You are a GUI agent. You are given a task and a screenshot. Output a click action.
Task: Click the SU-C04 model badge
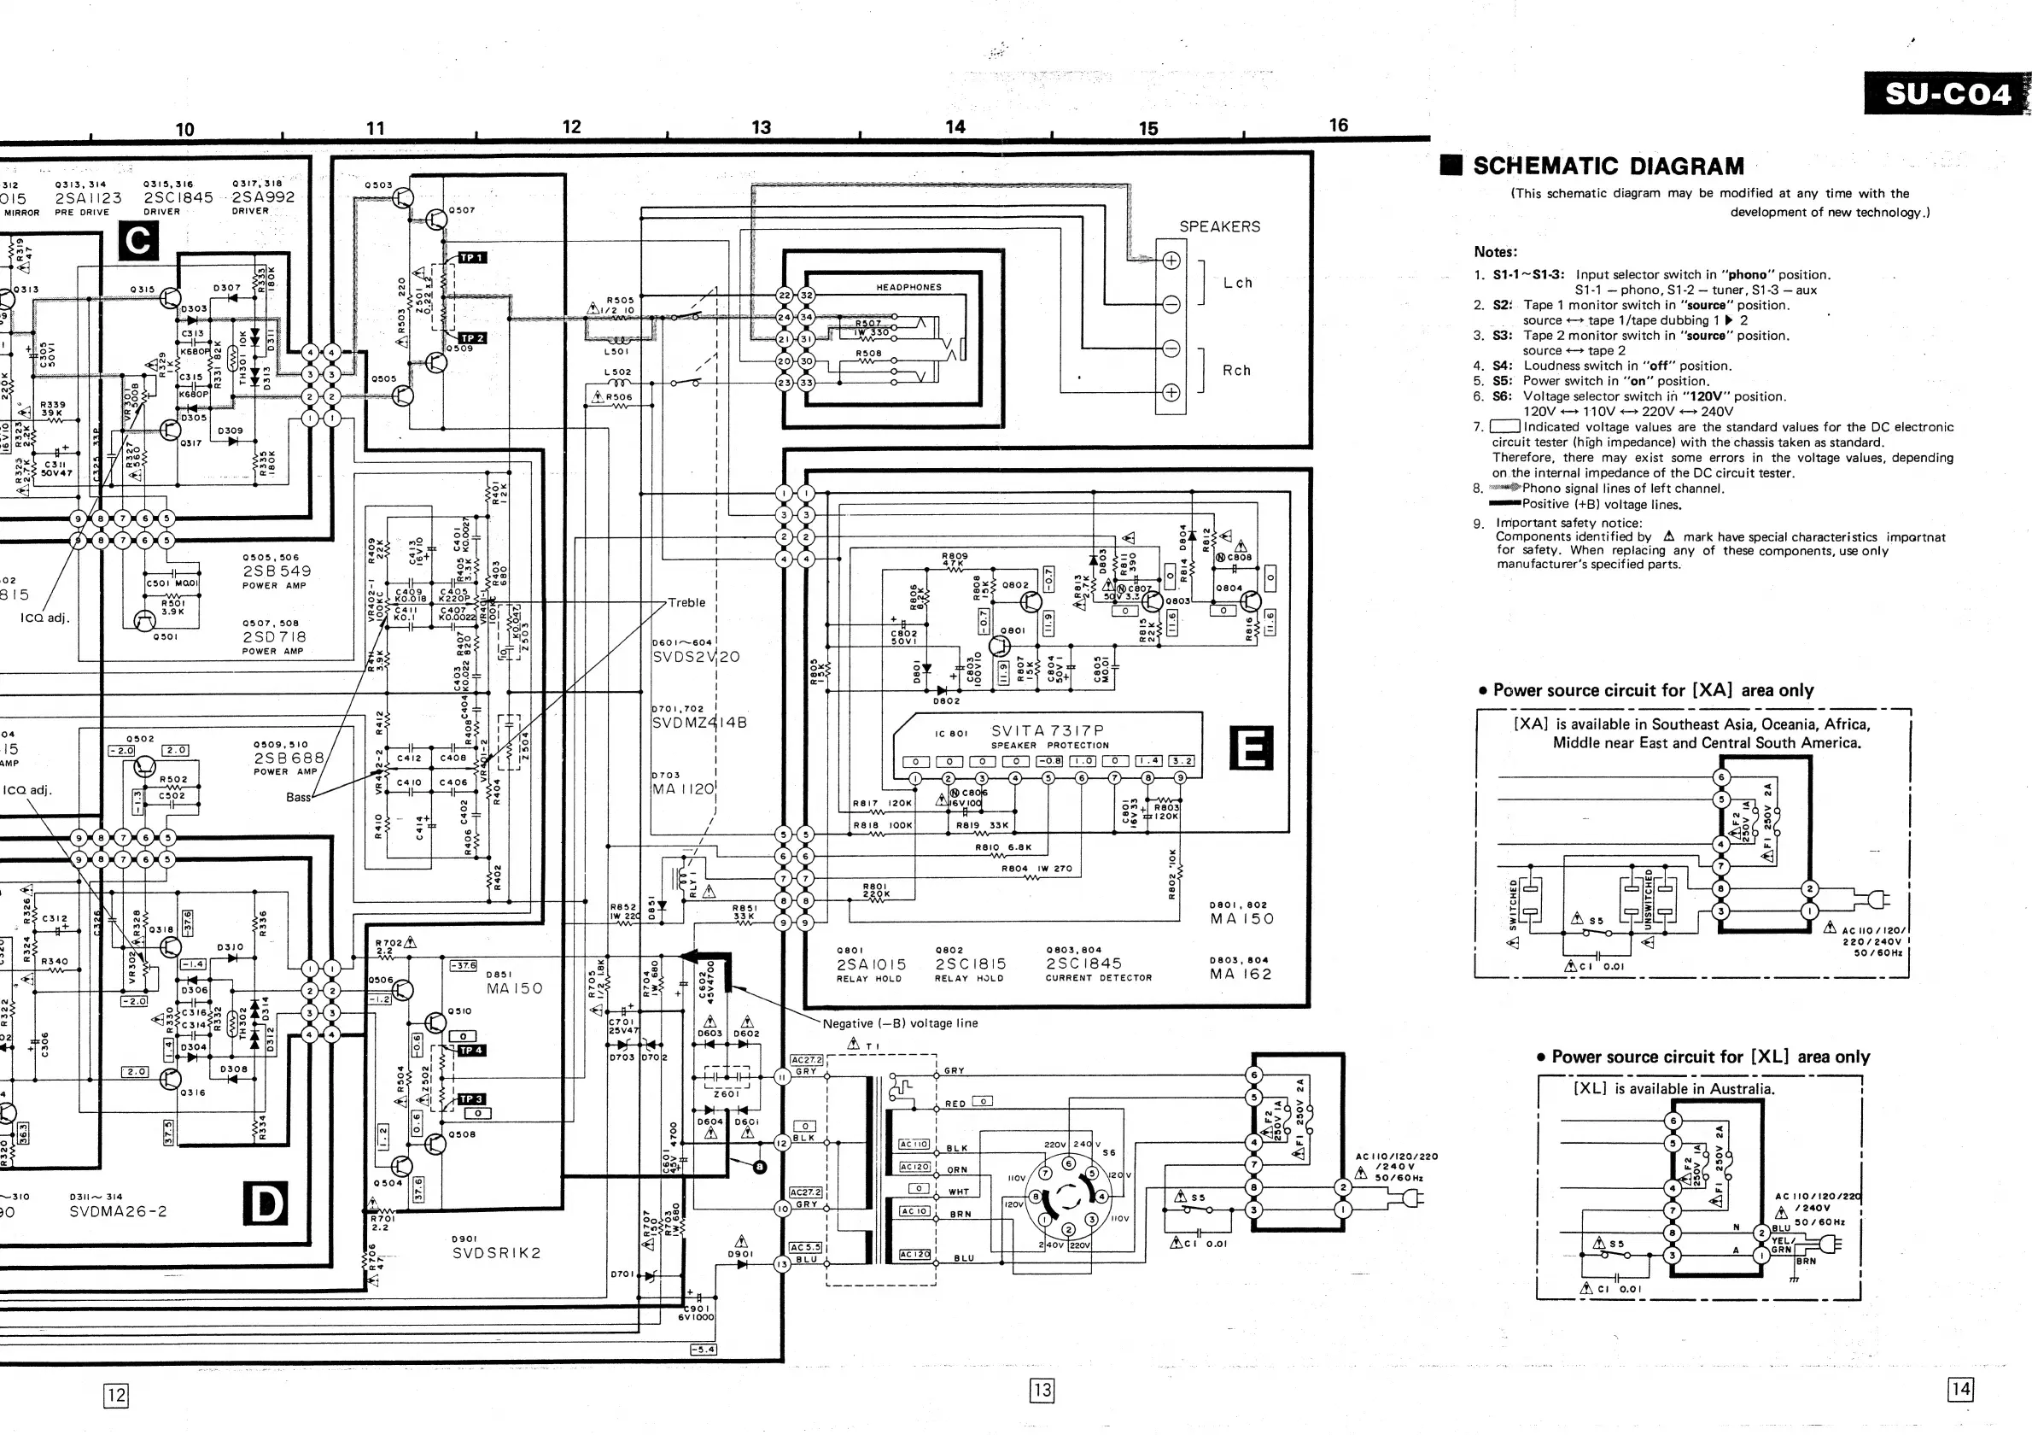click(x=1946, y=94)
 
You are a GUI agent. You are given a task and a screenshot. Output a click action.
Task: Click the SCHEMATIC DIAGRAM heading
click(x=1608, y=167)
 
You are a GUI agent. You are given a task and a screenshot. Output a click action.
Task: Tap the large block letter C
click(x=138, y=241)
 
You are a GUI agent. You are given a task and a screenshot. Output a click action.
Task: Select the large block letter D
click(x=265, y=1204)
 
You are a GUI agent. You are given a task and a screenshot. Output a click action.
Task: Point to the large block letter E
click(x=1252, y=748)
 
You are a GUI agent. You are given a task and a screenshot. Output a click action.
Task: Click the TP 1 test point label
click(x=471, y=258)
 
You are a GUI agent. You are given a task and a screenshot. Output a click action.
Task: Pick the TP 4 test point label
click(x=470, y=1050)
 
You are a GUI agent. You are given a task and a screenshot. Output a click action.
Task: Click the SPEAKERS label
click(x=1218, y=226)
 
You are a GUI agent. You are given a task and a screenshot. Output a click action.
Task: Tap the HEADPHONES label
click(x=908, y=287)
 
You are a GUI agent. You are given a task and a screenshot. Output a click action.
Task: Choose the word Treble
click(x=686, y=603)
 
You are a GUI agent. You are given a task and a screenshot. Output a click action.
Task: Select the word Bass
click(x=298, y=797)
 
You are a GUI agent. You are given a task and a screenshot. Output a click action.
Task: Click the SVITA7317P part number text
click(x=1047, y=730)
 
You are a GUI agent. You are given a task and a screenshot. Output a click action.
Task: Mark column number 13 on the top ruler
click(x=761, y=127)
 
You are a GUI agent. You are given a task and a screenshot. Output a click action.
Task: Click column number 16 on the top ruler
click(x=1338, y=126)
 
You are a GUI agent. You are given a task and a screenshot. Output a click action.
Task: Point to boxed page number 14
click(x=1960, y=1389)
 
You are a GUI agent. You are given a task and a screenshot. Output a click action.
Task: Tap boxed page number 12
click(x=116, y=1395)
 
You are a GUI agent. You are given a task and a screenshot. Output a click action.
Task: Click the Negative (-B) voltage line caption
click(x=900, y=1023)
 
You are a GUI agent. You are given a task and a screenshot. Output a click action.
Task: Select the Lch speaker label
click(x=1237, y=284)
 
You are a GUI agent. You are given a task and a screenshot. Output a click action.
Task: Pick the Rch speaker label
click(x=1236, y=371)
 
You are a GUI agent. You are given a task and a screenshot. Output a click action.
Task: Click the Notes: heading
click(x=1495, y=252)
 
